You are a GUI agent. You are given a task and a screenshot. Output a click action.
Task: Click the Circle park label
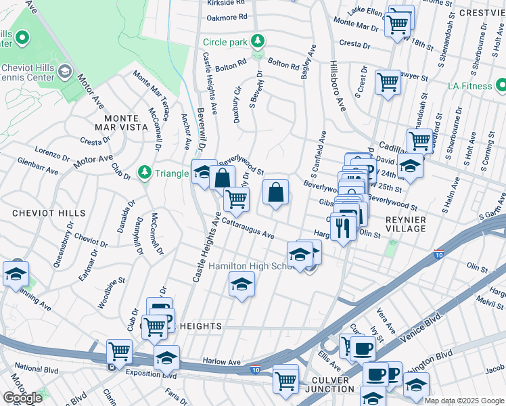(x=225, y=42)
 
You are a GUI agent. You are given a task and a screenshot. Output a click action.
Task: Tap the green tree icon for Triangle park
(x=144, y=173)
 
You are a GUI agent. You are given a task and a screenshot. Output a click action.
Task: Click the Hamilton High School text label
(x=250, y=267)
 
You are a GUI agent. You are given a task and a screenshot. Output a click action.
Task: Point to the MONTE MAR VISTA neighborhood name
(x=122, y=123)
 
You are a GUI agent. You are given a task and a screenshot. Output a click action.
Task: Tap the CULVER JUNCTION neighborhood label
(x=331, y=385)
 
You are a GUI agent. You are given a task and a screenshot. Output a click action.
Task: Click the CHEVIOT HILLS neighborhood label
(x=39, y=212)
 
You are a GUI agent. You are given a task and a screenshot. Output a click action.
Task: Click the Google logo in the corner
(x=23, y=398)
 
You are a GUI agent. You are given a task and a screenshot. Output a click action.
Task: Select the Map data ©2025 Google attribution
(x=464, y=401)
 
